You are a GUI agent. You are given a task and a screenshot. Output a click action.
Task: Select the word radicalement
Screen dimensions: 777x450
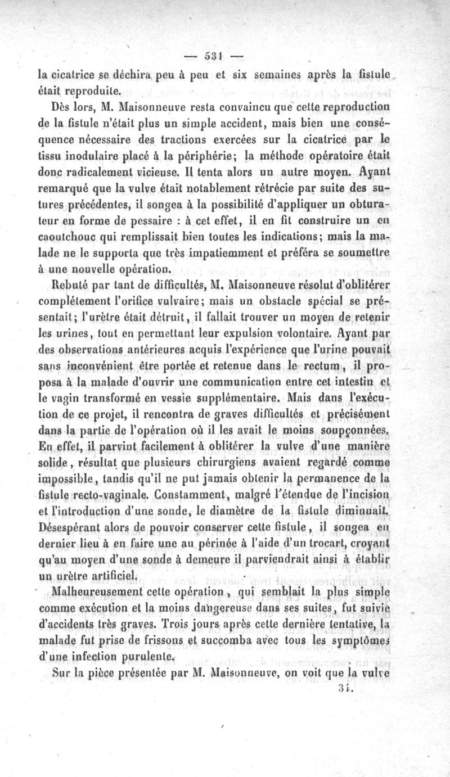(x=101, y=168)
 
